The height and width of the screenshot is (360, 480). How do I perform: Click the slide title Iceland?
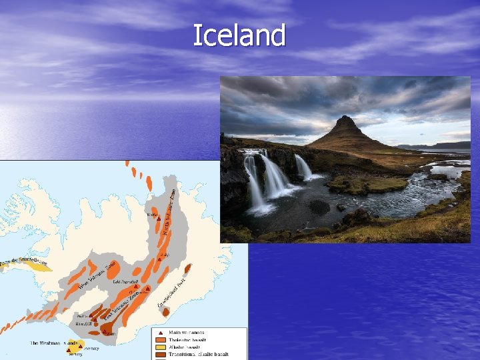(x=239, y=35)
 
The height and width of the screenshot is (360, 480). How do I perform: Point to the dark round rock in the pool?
(x=319, y=207)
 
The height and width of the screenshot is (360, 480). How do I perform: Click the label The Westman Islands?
(x=53, y=343)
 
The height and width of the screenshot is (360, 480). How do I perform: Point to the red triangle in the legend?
(x=161, y=332)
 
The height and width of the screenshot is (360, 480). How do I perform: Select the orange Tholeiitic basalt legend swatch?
(x=161, y=339)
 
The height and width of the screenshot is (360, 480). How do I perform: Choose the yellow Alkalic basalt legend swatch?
(x=161, y=347)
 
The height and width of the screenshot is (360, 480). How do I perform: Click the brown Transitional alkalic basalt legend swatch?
(x=161, y=354)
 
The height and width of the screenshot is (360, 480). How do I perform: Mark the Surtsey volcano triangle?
(x=69, y=349)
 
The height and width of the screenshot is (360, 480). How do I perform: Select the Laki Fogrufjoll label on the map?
(x=125, y=282)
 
